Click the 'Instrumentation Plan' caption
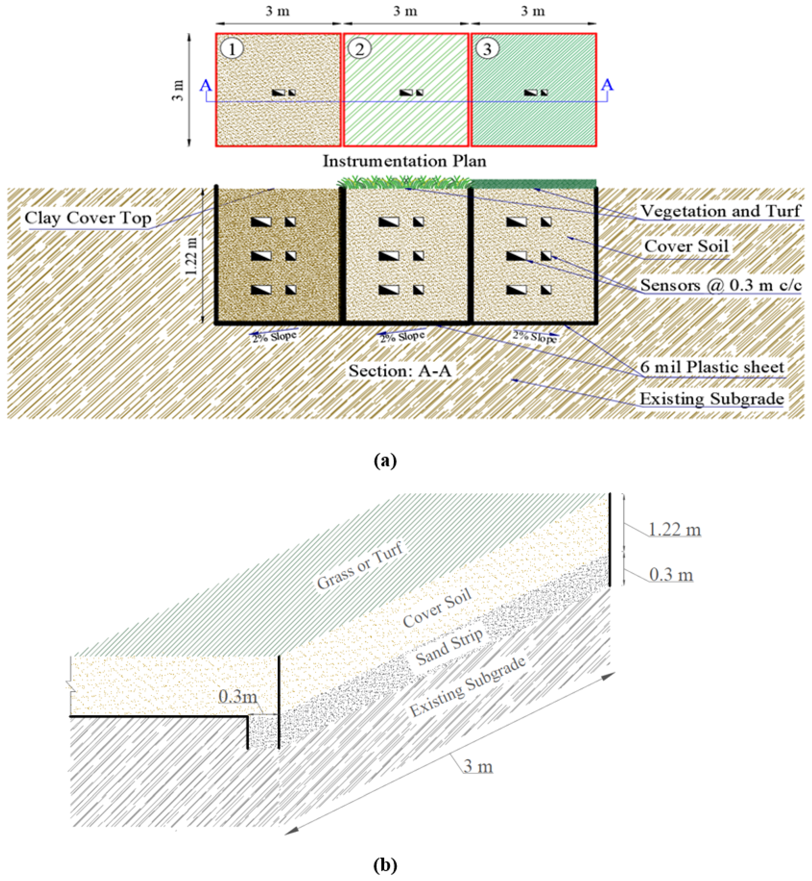pyautogui.click(x=405, y=161)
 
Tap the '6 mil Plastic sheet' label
pyautogui.click(x=712, y=367)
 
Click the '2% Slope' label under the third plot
pyautogui.click(x=535, y=337)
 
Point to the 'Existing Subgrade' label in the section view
pyautogui.click(x=711, y=399)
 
